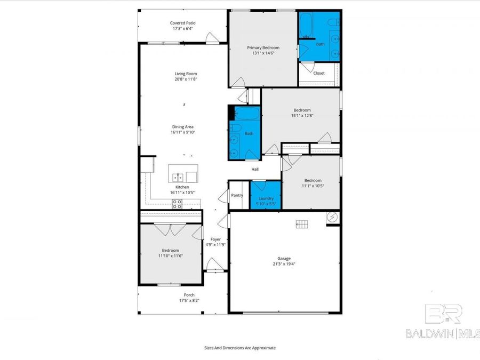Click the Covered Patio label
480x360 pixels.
pyautogui.click(x=182, y=23)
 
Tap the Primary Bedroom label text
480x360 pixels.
pyautogui.click(x=263, y=47)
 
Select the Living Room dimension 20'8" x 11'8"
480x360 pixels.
pyautogui.click(x=186, y=79)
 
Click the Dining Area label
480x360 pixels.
pyautogui.click(x=182, y=126)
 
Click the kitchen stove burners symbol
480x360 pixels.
pyautogui.click(x=177, y=203)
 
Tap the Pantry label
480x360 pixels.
pyautogui.click(x=237, y=195)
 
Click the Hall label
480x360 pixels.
pyautogui.click(x=255, y=170)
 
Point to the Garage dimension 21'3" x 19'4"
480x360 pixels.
pyautogui.click(x=284, y=264)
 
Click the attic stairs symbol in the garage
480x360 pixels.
pyautogui.click(x=302, y=224)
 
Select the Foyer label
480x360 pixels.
pyautogui.click(x=215, y=239)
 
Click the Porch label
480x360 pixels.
pyautogui.click(x=189, y=295)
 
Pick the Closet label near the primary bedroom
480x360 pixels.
pyautogui.click(x=319, y=73)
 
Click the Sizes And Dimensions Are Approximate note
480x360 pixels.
pyautogui.click(x=240, y=347)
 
